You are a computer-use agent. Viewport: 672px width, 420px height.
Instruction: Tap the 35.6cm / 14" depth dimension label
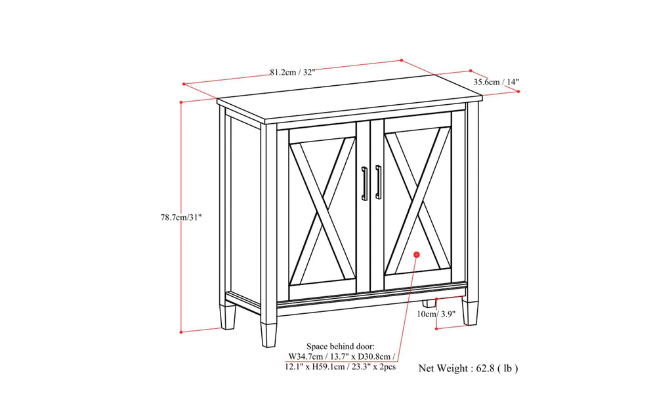coord(496,82)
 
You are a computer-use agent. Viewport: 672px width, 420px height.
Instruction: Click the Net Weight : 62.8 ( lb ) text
coord(469,368)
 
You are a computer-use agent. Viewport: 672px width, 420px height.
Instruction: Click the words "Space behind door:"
coord(340,345)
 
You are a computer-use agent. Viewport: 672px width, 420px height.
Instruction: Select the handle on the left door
coord(365,184)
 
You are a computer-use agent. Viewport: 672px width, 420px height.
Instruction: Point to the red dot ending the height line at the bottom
coord(181,332)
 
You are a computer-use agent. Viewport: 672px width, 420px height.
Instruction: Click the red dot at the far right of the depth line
coord(518,92)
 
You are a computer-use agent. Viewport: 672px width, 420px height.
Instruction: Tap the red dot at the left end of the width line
coord(184,84)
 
